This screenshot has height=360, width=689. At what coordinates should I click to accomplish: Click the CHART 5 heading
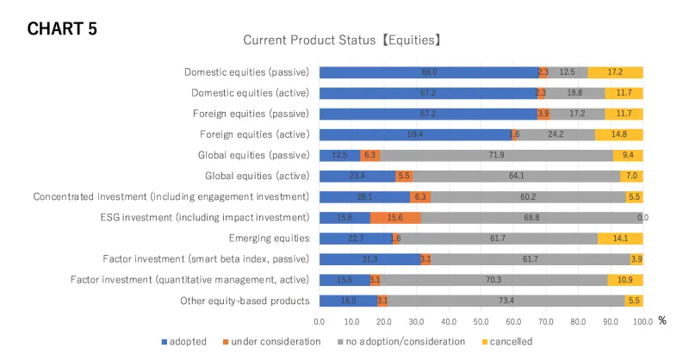click(x=62, y=28)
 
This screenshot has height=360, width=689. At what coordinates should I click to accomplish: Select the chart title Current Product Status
click(x=343, y=40)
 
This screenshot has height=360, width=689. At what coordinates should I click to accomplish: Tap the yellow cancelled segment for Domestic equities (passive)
click(x=615, y=72)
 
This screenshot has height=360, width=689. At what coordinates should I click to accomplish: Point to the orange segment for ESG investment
click(x=395, y=217)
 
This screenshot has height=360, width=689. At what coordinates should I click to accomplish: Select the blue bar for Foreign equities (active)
click(x=415, y=134)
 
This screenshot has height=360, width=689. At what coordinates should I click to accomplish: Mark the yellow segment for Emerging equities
click(x=619, y=238)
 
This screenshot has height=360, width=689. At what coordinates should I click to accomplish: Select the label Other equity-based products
click(x=245, y=301)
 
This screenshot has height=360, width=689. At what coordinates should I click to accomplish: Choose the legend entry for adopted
click(x=183, y=341)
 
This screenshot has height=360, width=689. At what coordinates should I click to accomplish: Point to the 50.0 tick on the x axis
click(x=481, y=321)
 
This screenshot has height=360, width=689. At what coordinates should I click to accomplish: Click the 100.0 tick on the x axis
click(x=642, y=321)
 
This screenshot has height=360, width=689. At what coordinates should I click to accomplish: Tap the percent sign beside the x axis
click(x=662, y=320)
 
